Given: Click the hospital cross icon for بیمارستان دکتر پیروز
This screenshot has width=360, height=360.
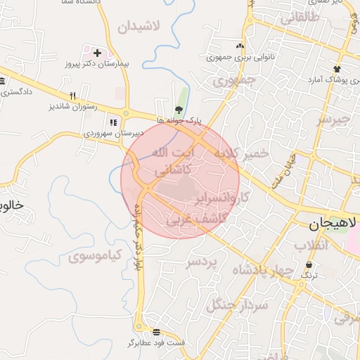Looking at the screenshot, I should [97, 53].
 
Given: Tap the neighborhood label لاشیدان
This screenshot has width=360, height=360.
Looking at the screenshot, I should [139, 27].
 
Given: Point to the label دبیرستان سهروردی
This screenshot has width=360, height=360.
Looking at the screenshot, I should [114, 132].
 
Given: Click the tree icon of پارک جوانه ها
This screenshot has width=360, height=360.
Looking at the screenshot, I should [179, 109].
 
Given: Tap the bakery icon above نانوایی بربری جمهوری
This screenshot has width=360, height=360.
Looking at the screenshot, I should [240, 46].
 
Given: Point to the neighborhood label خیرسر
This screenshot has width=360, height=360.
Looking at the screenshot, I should [333, 119].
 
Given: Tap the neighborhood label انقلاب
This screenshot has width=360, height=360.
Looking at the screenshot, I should [311, 245].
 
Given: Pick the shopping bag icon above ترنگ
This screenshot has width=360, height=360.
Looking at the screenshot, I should [309, 264].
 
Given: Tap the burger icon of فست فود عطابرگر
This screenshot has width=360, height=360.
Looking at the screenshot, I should [155, 332].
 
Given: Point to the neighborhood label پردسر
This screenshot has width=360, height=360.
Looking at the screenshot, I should [203, 262].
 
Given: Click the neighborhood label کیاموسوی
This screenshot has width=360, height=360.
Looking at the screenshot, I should [96, 255].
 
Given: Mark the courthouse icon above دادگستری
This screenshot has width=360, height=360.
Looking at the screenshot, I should [3, 80].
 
